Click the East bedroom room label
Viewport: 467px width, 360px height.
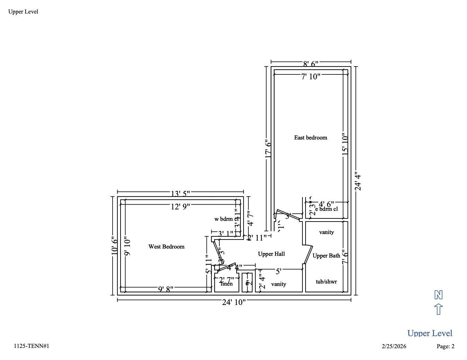click(x=310, y=138)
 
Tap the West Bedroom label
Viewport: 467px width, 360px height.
click(x=166, y=247)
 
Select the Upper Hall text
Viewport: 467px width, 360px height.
click(x=271, y=254)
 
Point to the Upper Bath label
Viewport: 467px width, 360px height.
click(x=326, y=256)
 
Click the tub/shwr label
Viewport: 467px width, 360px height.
click(x=326, y=282)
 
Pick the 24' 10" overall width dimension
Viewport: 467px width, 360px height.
click(x=234, y=302)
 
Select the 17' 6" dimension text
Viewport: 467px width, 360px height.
click(x=268, y=149)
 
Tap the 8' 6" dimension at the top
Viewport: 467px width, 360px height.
click(x=310, y=64)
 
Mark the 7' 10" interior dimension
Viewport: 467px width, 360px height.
click(x=310, y=76)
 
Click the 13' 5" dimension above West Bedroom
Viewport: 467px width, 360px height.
click(x=180, y=193)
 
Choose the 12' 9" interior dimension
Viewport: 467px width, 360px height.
click(x=180, y=207)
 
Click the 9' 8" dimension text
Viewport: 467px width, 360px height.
click(x=166, y=289)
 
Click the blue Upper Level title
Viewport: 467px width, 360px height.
click(x=430, y=333)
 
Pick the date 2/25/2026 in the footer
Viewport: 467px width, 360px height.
click(x=394, y=346)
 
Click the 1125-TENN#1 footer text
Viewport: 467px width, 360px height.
click(x=32, y=346)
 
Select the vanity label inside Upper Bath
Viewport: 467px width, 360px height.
click(x=326, y=232)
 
